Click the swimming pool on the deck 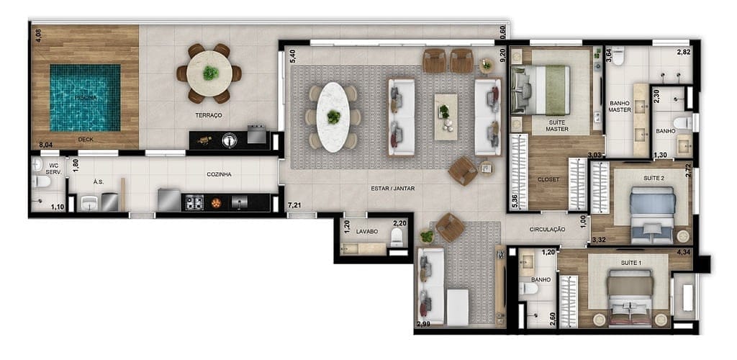coord(85,98)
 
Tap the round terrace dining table coord(209,73)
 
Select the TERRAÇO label coord(208,115)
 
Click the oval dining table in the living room coord(332,117)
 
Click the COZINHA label coord(220,174)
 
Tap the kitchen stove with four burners coord(195,202)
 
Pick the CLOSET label coord(548,179)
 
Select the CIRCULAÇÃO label coord(547,230)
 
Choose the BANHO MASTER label coord(620,106)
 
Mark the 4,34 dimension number coord(684,251)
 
